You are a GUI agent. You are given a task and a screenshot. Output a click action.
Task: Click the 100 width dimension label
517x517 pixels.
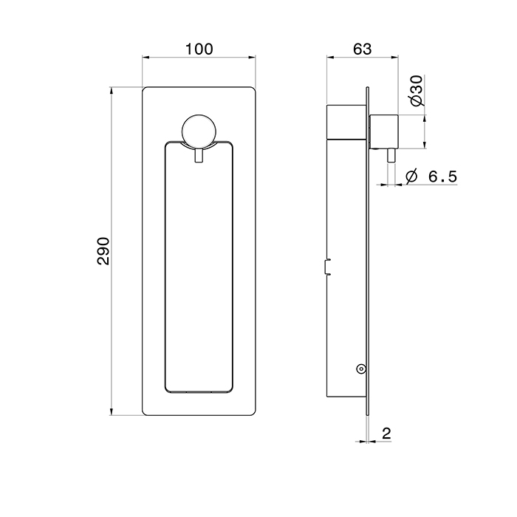click(199, 49)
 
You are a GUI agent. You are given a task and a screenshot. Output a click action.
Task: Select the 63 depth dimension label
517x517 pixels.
click(362, 49)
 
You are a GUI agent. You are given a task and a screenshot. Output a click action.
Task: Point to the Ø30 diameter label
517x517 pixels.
click(417, 91)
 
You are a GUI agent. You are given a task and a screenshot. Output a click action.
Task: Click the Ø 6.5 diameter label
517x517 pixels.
click(431, 177)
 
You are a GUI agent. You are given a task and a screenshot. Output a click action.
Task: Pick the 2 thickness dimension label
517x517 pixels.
click(386, 433)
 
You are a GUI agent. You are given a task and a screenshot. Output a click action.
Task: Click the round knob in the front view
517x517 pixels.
click(199, 131)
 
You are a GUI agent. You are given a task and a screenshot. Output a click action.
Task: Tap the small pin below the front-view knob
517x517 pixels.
click(199, 155)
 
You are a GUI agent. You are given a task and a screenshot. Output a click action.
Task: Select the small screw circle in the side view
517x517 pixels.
click(361, 369)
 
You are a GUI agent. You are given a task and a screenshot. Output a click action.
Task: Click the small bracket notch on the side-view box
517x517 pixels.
click(327, 267)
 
